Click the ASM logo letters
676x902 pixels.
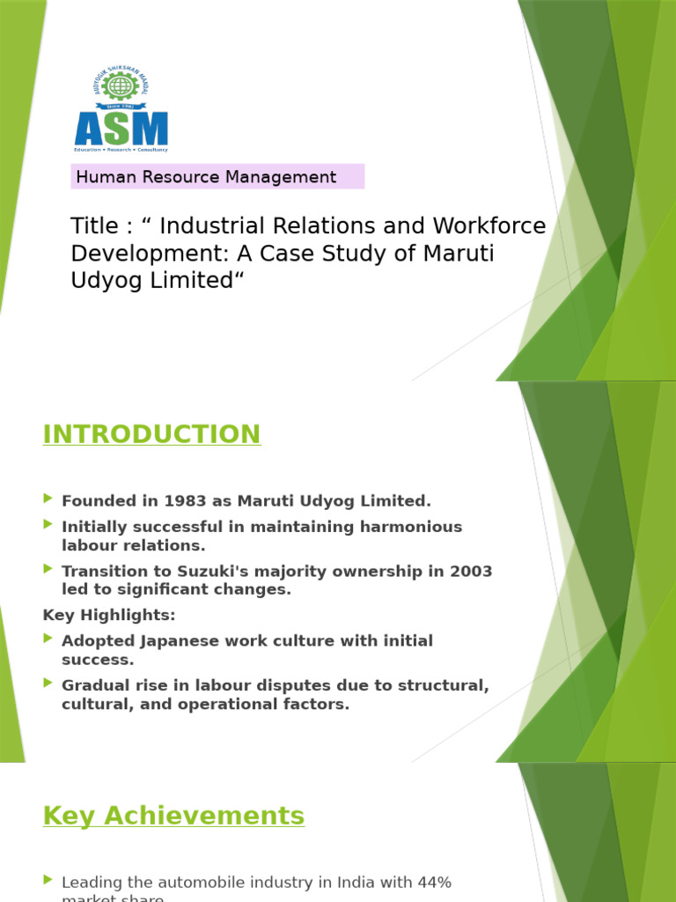[x=121, y=129]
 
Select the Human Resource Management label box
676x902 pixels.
[x=217, y=177]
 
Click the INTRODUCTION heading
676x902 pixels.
[x=151, y=434]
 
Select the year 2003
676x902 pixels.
[x=471, y=572]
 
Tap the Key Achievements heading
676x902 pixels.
[x=173, y=816]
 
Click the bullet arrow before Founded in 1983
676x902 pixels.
[x=48, y=499]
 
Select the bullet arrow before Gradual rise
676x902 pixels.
[x=48, y=684]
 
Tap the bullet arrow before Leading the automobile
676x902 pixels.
[x=48, y=880]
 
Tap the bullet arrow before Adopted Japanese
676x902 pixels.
[x=48, y=640]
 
